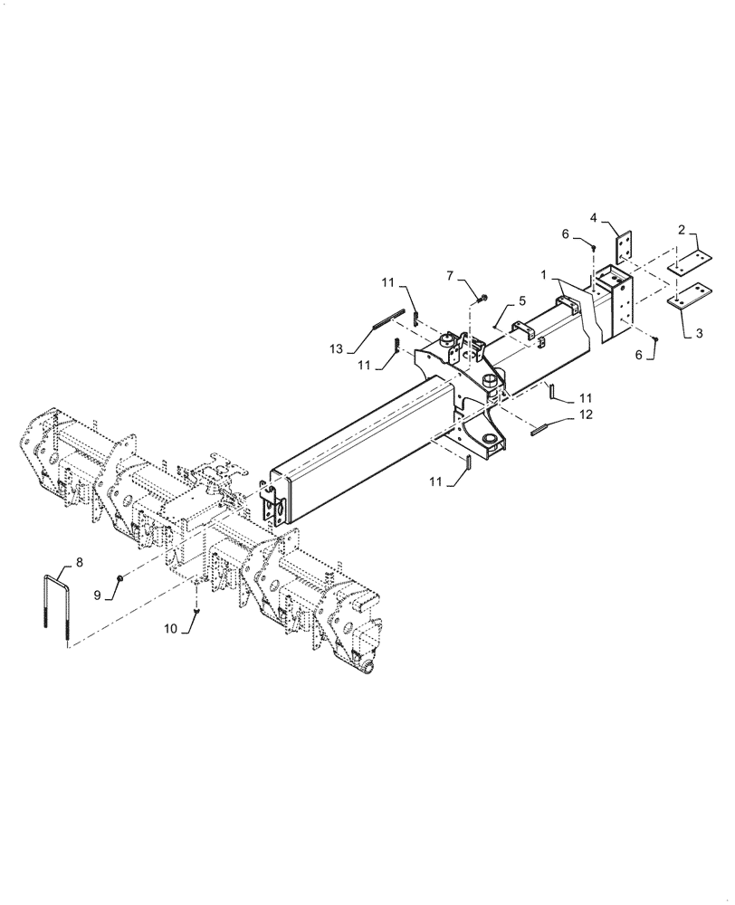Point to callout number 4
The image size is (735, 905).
tap(594, 217)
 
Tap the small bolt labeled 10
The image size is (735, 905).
tap(196, 613)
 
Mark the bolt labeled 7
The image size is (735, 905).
tap(481, 296)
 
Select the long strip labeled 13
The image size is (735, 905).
tap(387, 319)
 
